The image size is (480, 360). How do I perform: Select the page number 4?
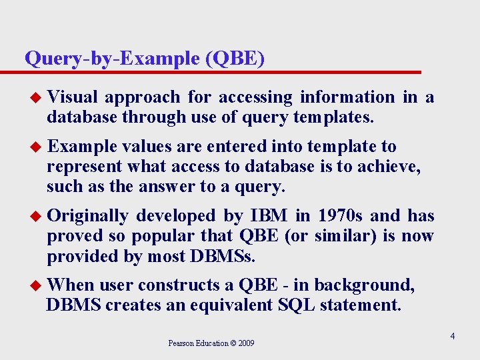(x=452, y=337)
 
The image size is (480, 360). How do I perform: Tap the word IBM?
(x=269, y=216)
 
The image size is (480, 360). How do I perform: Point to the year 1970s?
(x=340, y=216)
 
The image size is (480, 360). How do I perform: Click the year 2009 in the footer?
(x=246, y=343)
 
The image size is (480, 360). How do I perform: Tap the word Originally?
(x=88, y=216)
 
